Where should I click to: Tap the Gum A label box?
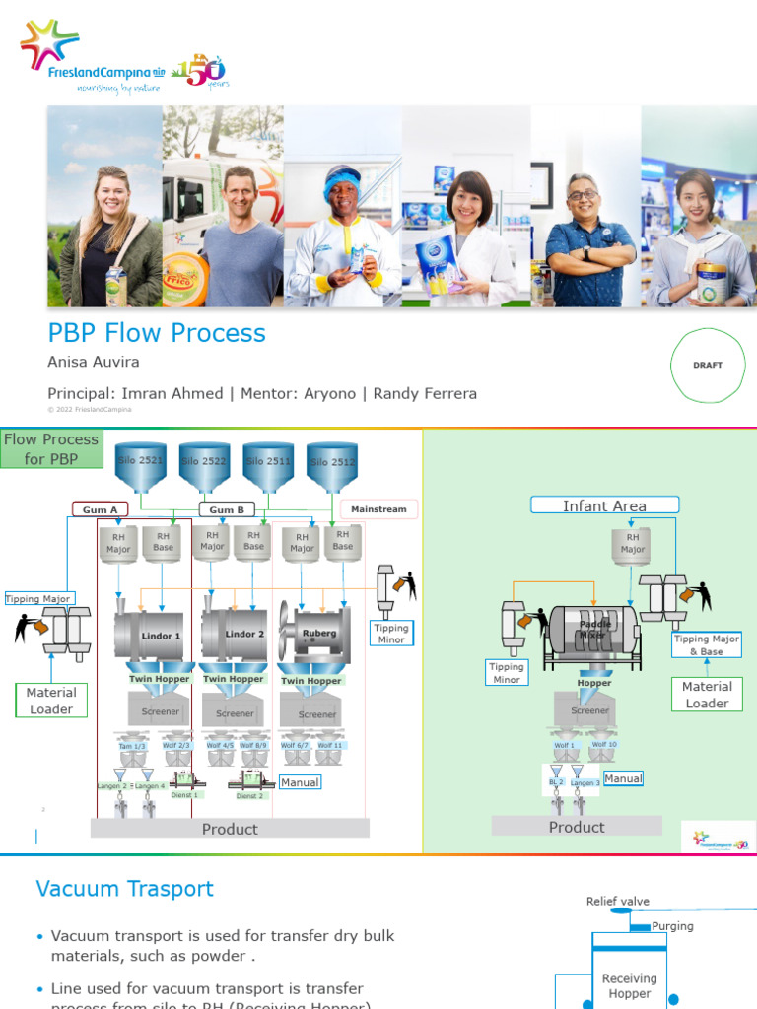[x=101, y=509]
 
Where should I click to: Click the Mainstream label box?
[x=378, y=509]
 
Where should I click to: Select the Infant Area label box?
[x=604, y=505]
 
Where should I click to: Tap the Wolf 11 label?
[x=330, y=746]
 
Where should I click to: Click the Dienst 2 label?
[x=250, y=795]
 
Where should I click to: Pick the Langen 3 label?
[x=585, y=782]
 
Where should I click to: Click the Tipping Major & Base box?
[x=706, y=645]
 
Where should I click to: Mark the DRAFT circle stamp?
[x=707, y=365]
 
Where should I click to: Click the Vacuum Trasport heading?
[x=124, y=889]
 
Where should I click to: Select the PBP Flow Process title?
[x=157, y=333]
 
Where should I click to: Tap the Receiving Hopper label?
[x=629, y=985]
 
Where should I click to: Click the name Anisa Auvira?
[x=94, y=363]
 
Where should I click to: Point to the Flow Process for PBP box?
[x=51, y=449]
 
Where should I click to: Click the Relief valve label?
[x=617, y=902]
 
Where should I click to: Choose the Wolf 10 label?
[x=604, y=745]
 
